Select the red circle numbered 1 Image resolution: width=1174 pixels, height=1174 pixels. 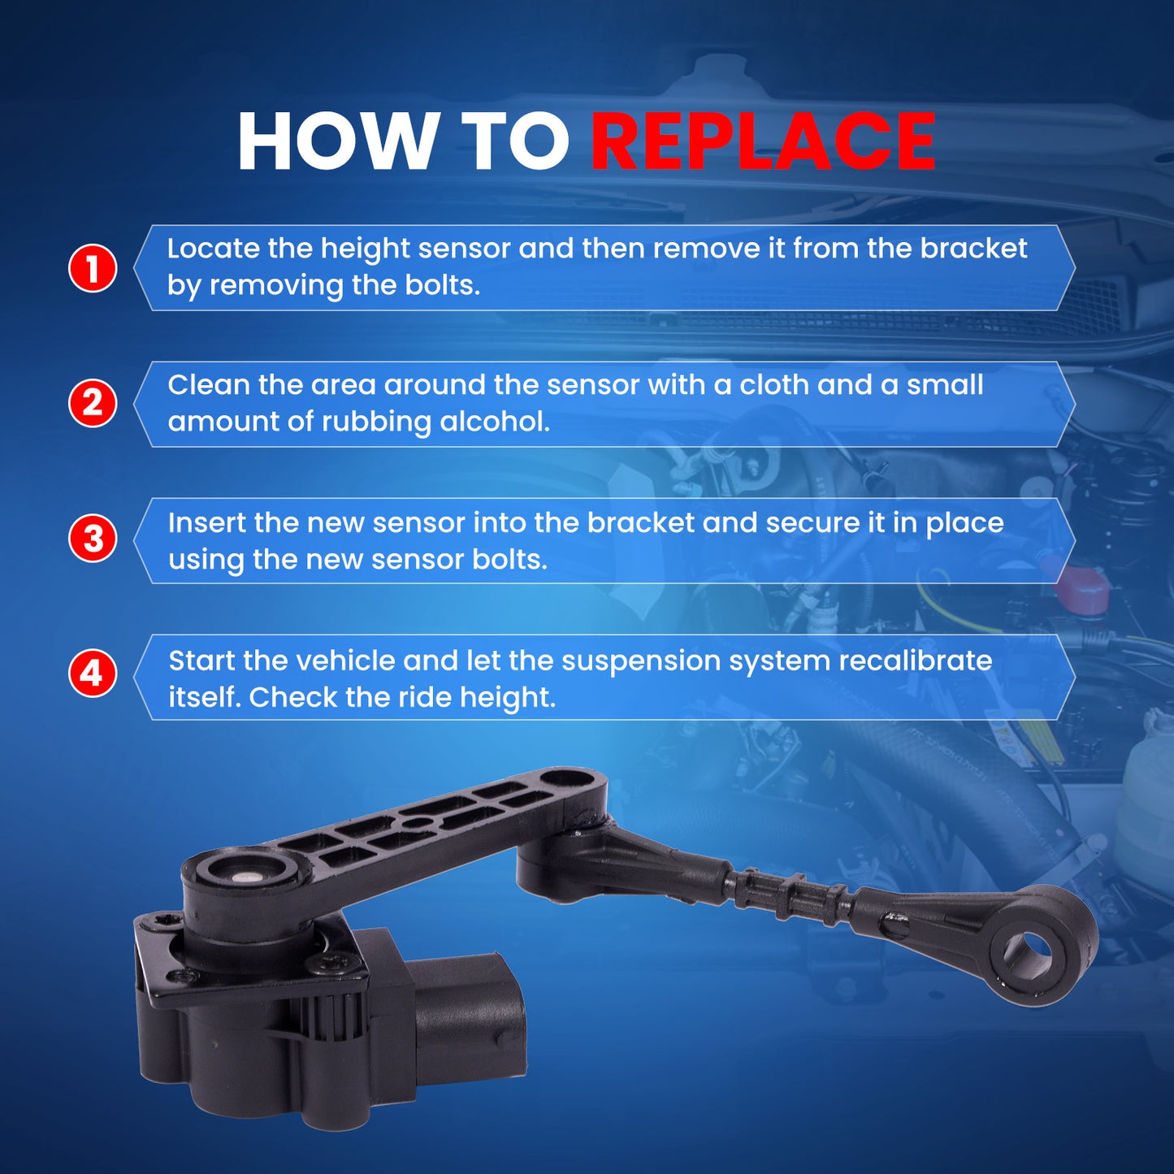[93, 268]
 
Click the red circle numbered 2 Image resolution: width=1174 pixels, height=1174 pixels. [93, 403]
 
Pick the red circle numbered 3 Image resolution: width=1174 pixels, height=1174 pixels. [93, 539]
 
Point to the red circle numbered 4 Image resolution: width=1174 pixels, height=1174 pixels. [93, 674]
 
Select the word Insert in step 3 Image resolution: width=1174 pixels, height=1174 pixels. [206, 522]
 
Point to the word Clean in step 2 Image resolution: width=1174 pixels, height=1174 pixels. [208, 384]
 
